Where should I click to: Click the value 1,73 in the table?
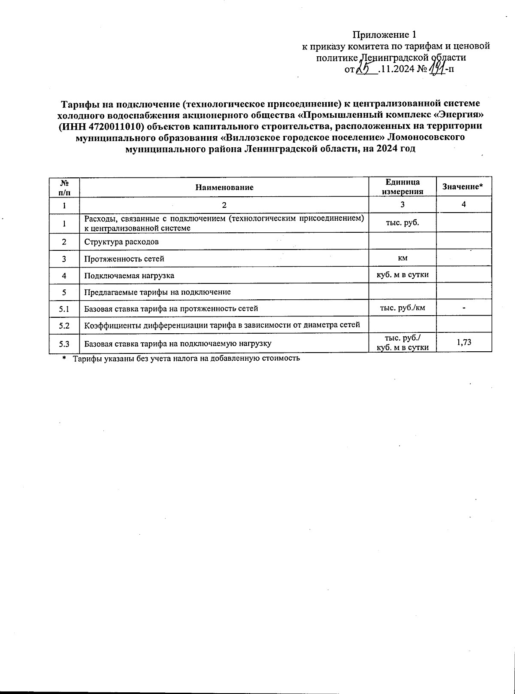click(463, 343)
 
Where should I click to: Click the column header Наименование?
click(224, 187)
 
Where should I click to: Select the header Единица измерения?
click(402, 187)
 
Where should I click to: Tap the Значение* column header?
click(463, 187)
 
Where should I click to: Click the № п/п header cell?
click(64, 187)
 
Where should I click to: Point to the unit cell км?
click(402, 258)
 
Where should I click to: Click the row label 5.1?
click(64, 308)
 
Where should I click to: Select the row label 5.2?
click(64, 325)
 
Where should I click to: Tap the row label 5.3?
click(64, 343)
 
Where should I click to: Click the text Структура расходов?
click(121, 242)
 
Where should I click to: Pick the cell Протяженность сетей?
click(124, 259)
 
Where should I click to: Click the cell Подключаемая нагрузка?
click(129, 276)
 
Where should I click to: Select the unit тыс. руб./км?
click(403, 307)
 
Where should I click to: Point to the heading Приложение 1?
click(385, 34)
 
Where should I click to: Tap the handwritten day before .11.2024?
click(366, 69)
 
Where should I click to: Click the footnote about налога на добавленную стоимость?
click(185, 359)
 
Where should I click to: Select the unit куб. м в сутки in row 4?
click(402, 274)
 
